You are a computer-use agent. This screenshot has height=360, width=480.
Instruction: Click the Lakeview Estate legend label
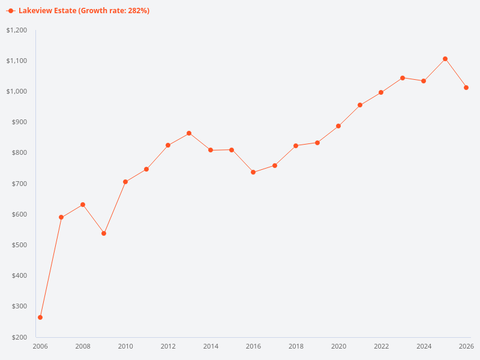pyautogui.click(x=84, y=11)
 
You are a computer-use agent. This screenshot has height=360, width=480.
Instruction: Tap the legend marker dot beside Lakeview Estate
pyautogui.click(x=11, y=11)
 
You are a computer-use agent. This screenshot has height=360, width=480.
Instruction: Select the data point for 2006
pyautogui.click(x=40, y=317)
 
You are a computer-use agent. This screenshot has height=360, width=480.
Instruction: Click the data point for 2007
pyautogui.click(x=61, y=217)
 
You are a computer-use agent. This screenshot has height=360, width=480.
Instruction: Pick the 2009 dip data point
pyautogui.click(x=104, y=233)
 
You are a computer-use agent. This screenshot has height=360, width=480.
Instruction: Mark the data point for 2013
pyautogui.click(x=189, y=133)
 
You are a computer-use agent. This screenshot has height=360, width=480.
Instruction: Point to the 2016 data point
pyautogui.click(x=253, y=172)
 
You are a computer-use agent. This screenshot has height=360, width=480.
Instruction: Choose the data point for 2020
pyautogui.click(x=338, y=126)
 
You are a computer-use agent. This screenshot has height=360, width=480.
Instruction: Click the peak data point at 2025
pyautogui.click(x=445, y=59)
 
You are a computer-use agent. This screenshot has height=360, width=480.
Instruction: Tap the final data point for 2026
pyautogui.click(x=466, y=88)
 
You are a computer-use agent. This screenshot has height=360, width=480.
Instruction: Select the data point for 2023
pyautogui.click(x=403, y=78)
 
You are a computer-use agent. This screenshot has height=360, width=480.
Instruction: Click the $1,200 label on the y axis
pyautogui.click(x=17, y=30)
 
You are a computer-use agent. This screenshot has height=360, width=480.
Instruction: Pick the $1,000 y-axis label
pyautogui.click(x=17, y=91)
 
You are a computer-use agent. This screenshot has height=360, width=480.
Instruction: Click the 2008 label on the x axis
pyautogui.click(x=83, y=346)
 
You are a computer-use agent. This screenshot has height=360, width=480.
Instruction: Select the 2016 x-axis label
pyautogui.click(x=253, y=346)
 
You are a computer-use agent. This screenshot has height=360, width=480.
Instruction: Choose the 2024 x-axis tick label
pyautogui.click(x=424, y=346)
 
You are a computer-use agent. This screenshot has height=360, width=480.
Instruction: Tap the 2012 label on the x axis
pyautogui.click(x=168, y=346)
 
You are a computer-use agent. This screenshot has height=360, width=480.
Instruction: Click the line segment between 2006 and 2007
pyautogui.click(x=51, y=267)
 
